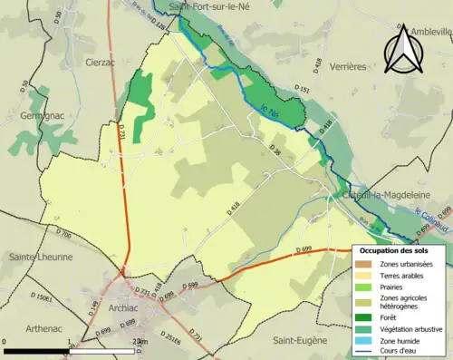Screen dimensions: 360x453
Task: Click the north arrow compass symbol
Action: click(400, 50)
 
